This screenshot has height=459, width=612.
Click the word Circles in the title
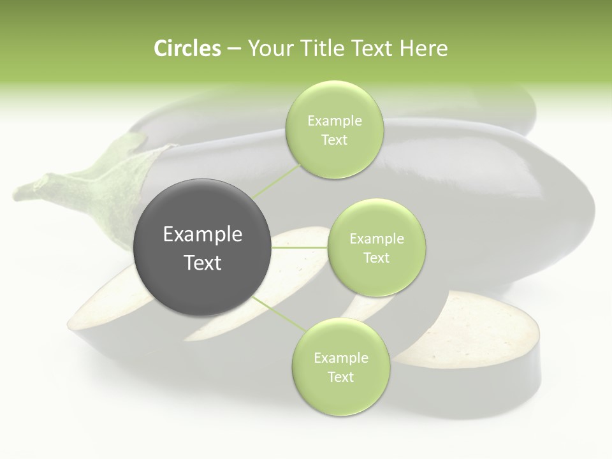click(187, 48)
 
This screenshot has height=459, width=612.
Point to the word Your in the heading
click(268, 48)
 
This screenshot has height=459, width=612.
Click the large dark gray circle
click(202, 247)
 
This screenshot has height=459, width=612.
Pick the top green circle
click(334, 129)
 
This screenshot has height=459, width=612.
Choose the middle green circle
click(376, 247)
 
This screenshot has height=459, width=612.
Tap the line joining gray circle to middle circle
click(299, 247)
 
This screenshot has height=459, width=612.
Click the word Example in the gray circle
click(203, 235)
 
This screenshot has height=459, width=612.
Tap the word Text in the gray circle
click(203, 263)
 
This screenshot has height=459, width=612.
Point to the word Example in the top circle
click(335, 120)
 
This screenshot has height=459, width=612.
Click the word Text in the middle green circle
click(376, 258)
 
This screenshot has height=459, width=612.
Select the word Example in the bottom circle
click(341, 358)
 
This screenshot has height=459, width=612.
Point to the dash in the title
click(233, 49)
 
